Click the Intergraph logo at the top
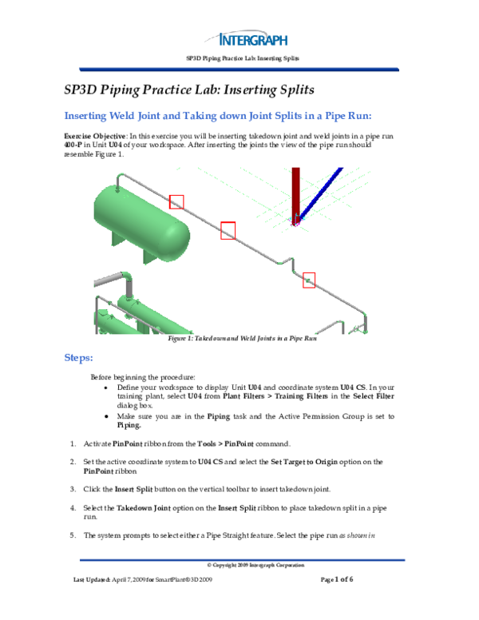(x=253, y=38)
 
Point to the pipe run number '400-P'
(x=73, y=145)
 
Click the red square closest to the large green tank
(x=176, y=201)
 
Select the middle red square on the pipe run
(x=228, y=230)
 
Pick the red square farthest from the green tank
(x=309, y=280)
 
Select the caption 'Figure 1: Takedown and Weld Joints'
(x=243, y=340)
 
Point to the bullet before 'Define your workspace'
(x=108, y=386)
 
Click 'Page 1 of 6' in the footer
(x=336, y=578)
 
